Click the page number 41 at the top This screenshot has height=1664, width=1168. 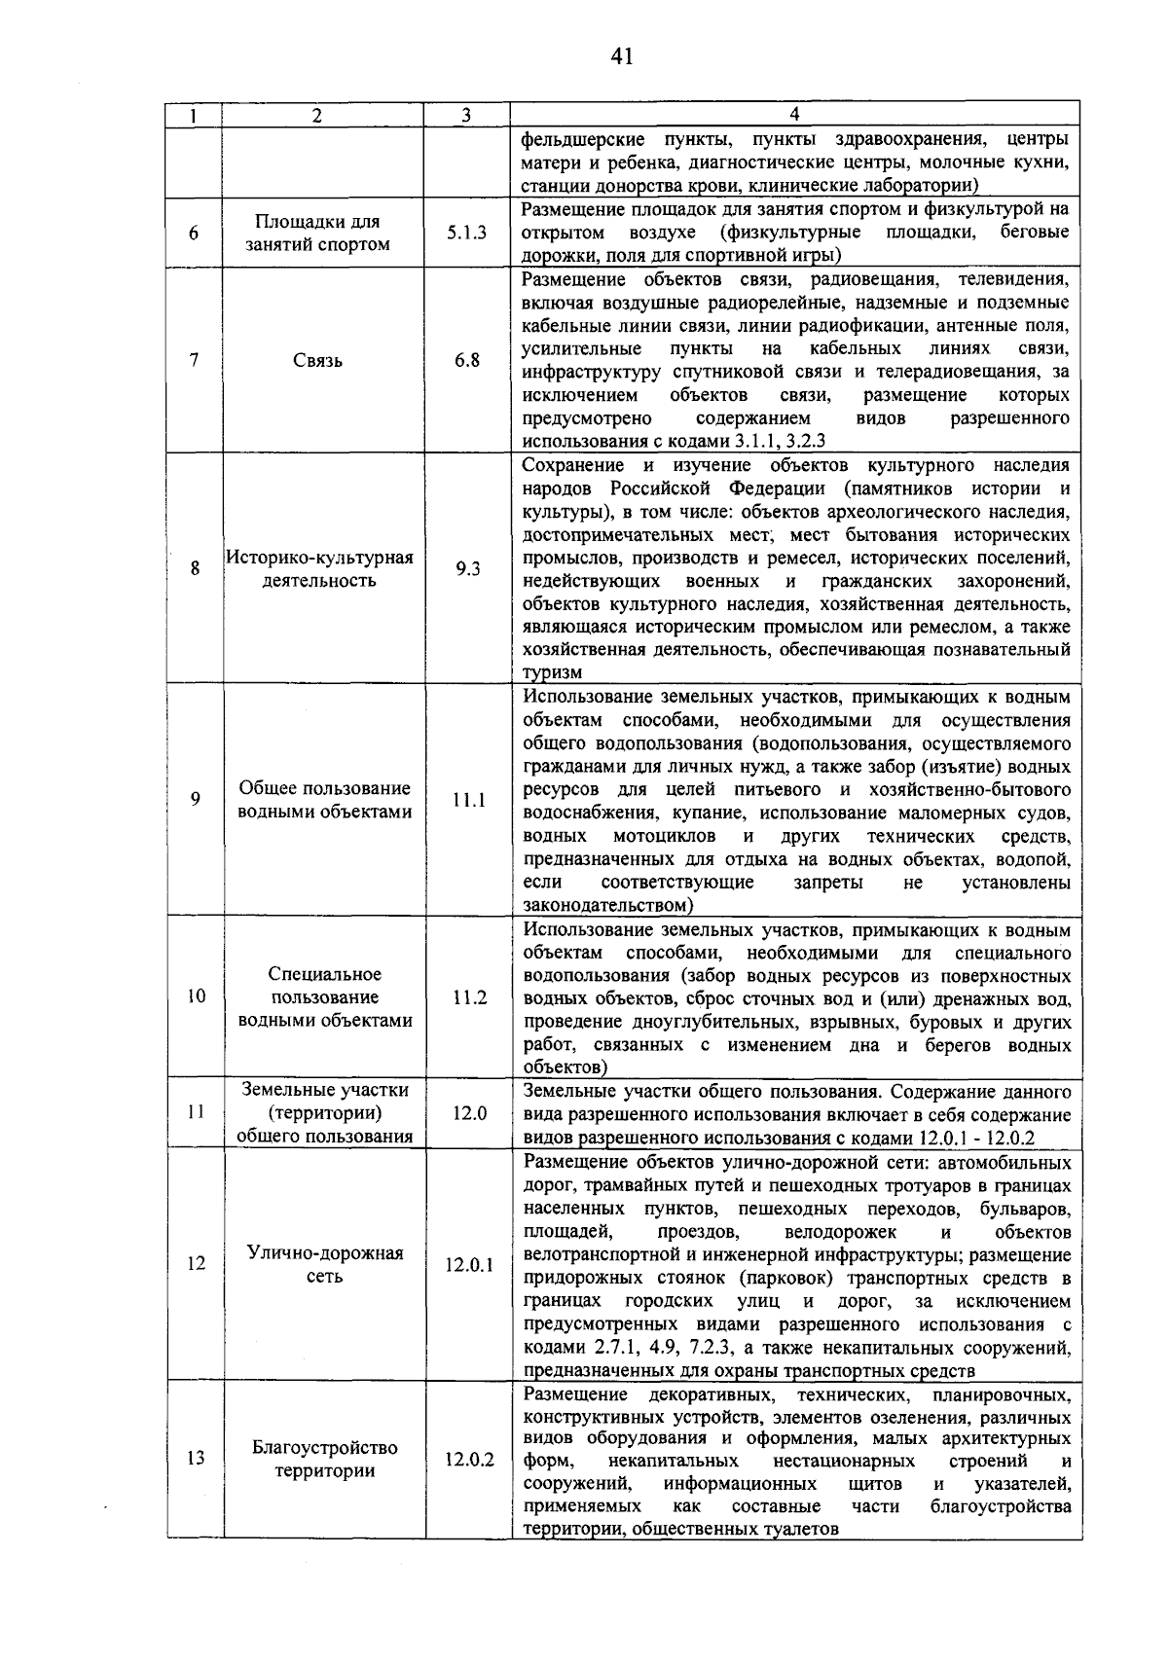(622, 56)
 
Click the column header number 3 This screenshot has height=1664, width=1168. (467, 115)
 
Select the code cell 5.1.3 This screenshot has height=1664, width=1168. (467, 233)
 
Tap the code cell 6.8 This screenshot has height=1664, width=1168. (467, 360)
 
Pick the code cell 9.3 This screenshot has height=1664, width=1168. (468, 569)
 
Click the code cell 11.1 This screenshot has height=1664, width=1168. (468, 800)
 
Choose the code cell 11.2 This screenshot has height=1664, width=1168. (469, 997)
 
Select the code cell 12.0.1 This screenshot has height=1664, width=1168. (469, 1265)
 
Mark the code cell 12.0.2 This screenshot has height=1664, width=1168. (469, 1460)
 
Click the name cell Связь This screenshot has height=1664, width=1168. (317, 361)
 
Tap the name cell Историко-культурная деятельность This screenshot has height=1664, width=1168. (320, 569)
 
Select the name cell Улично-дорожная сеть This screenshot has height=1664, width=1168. (324, 1264)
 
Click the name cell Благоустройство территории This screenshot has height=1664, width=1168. (324, 1459)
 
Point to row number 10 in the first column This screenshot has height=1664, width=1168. (196, 996)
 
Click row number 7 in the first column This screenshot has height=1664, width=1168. (195, 360)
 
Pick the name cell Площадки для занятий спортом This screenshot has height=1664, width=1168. (317, 233)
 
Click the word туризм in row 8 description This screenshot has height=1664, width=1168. (552, 672)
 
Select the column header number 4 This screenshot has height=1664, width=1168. (794, 115)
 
